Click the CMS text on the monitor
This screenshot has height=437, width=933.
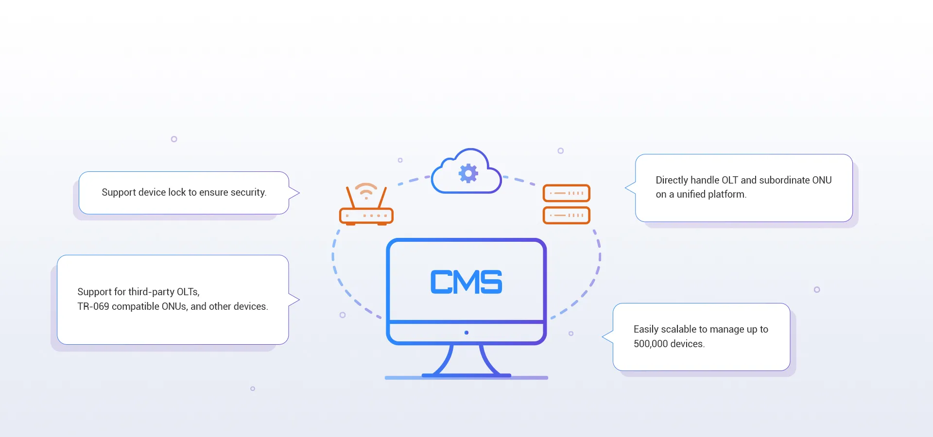point(466,282)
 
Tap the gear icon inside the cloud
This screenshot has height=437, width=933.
point(468,173)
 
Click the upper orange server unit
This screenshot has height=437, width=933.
point(566,193)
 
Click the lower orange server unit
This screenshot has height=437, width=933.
point(566,215)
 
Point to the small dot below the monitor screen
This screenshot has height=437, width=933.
point(466,333)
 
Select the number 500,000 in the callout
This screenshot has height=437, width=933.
point(651,344)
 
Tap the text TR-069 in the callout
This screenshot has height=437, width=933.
point(93,306)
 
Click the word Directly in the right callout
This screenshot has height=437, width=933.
point(672,180)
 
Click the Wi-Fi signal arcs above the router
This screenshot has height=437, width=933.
point(366,190)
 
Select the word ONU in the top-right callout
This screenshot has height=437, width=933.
point(822,180)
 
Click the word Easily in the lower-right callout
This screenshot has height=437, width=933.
point(646,329)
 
